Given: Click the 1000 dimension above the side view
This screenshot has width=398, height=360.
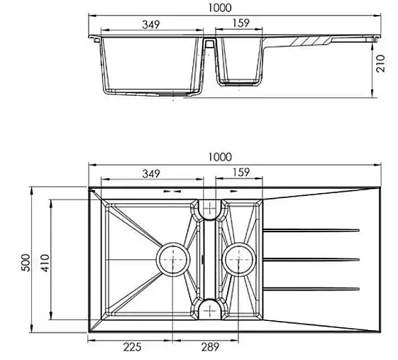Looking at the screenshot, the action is click(x=220, y=8).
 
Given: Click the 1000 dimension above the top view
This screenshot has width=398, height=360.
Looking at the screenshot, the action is click(x=220, y=157).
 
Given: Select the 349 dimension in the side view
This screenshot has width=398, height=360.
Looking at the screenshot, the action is click(x=151, y=25).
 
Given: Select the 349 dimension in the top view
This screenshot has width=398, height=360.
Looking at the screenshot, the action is click(x=151, y=174).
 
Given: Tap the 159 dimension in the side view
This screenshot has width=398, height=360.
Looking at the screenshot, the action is click(x=241, y=23).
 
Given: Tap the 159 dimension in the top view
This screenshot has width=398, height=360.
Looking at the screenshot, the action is click(x=241, y=173).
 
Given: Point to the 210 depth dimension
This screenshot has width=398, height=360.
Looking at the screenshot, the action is click(x=381, y=63).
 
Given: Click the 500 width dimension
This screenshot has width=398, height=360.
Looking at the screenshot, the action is click(x=26, y=263).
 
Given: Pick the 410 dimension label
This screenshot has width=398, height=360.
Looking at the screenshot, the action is click(x=45, y=263).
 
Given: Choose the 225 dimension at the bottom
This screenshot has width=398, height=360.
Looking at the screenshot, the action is click(x=132, y=347).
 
